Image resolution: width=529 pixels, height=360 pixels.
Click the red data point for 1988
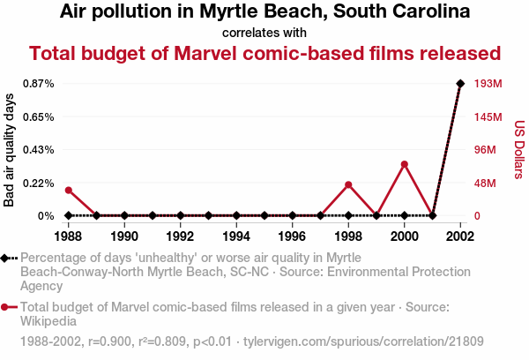68,191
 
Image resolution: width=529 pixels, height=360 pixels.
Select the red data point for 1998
348,184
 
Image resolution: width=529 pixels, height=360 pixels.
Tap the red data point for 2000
405,164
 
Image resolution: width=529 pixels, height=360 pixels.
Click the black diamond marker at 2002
460,83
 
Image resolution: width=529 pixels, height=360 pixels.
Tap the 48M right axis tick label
486,183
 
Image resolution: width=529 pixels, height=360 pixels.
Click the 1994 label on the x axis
236,236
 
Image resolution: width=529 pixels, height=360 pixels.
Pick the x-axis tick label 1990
124,236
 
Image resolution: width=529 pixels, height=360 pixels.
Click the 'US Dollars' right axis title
519,150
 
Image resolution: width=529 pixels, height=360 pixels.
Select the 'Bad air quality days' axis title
10,150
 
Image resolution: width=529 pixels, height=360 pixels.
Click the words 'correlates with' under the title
264,33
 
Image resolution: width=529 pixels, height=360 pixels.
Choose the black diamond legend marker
7,258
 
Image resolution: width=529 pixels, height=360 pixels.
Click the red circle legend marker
7,307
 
